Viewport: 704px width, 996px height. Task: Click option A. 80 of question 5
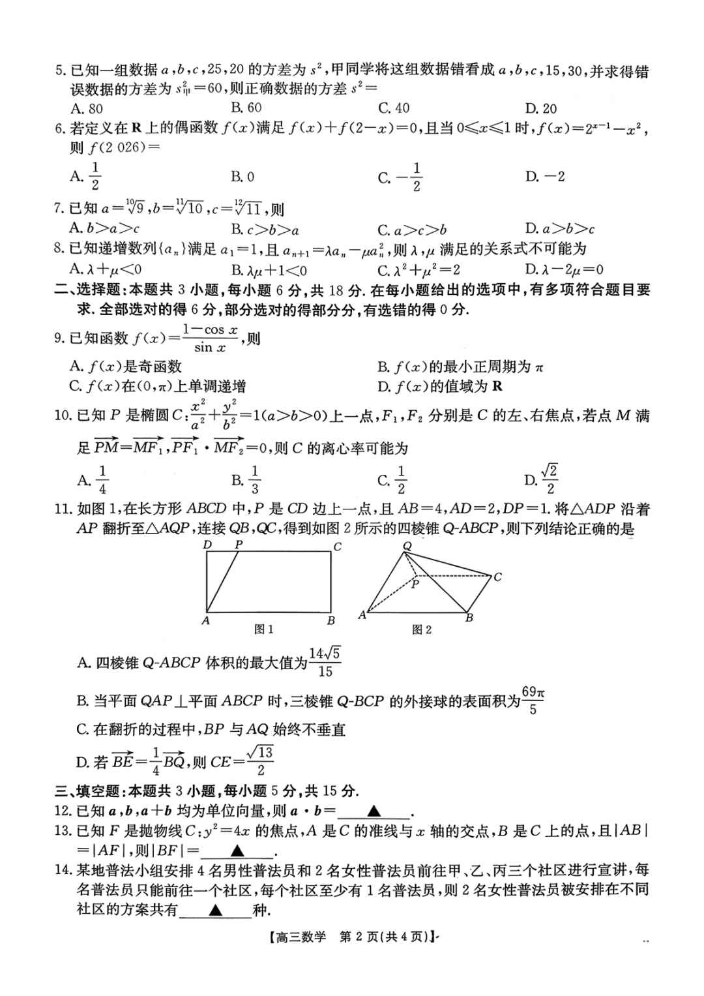click(x=87, y=108)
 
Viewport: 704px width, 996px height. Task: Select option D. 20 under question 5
click(x=541, y=108)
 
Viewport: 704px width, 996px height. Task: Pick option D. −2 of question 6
click(x=545, y=177)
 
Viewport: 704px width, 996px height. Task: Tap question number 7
click(x=59, y=209)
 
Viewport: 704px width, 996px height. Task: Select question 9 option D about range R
click(x=440, y=386)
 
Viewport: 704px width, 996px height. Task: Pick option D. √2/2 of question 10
click(x=541, y=480)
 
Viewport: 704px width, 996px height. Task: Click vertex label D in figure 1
click(x=207, y=545)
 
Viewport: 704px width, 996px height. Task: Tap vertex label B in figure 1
click(x=331, y=620)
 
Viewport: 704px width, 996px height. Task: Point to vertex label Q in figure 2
click(x=407, y=546)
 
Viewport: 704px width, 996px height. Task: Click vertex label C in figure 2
click(x=497, y=577)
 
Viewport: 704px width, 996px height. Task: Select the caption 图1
click(x=263, y=629)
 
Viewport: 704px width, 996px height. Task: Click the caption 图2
click(x=422, y=629)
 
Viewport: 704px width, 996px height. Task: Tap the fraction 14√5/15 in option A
click(x=325, y=662)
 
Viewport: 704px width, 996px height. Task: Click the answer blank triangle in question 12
click(x=374, y=811)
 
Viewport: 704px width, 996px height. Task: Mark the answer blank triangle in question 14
click(x=216, y=910)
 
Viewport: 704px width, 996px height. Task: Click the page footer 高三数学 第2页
click(x=352, y=937)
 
